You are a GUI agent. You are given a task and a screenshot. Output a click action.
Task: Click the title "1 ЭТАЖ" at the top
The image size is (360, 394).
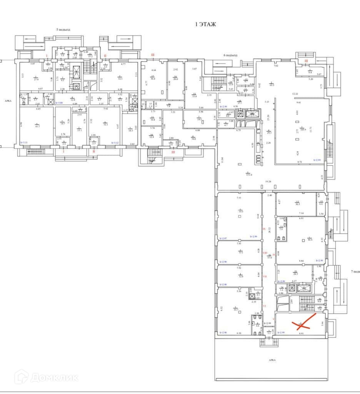coord(206,24)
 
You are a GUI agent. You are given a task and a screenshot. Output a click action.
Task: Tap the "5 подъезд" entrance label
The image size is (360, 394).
coord(63,30)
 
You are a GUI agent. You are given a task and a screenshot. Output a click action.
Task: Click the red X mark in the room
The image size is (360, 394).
coord(304,323)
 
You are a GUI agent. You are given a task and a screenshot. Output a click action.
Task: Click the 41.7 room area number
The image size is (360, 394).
coord(37,126)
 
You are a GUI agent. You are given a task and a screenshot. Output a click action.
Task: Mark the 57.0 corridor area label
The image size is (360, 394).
coord(270,257)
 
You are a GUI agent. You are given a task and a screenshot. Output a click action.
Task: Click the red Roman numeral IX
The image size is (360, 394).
coord(264,229)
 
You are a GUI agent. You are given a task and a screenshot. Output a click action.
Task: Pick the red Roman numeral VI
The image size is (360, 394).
coord(265,306)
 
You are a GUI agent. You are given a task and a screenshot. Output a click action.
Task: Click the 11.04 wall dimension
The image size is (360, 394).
coord(222,159)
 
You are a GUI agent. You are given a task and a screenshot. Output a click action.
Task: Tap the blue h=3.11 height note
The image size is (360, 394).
coord(24,143)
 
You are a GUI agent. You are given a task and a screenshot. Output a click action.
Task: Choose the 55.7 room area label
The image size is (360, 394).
coord(236,309)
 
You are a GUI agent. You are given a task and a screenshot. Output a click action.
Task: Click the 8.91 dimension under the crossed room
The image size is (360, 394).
coord(301,334)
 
